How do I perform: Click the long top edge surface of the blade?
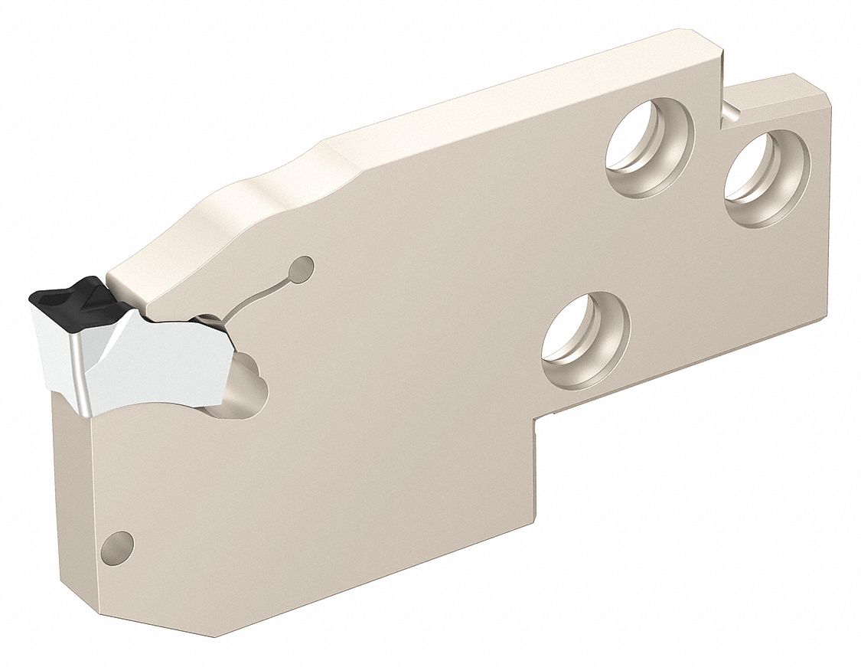(520, 84)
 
